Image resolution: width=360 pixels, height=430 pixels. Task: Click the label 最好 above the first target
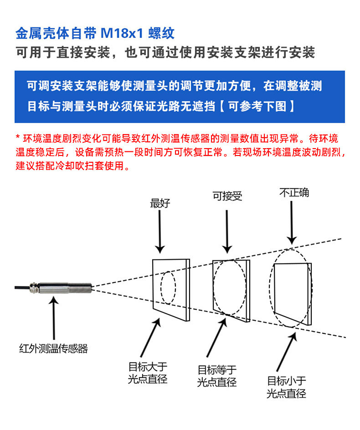160,203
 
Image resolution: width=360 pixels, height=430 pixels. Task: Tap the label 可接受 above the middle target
227,196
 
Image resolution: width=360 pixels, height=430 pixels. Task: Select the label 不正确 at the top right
294,192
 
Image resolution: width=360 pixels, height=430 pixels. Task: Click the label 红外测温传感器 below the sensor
53,348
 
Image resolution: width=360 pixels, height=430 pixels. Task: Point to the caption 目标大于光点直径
148,373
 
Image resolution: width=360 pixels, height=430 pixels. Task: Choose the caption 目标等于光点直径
217,376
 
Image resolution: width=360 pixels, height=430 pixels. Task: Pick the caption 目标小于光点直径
286,387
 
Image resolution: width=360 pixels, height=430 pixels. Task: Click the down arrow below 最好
160,232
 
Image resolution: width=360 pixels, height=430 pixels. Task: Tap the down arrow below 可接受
227,232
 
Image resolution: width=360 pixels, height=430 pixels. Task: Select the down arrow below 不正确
292,223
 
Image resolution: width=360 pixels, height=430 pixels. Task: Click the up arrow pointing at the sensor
54,318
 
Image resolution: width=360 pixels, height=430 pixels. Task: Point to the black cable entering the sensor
22,287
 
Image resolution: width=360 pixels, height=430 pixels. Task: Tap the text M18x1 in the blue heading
122,33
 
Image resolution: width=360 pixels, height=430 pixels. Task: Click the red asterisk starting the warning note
18,136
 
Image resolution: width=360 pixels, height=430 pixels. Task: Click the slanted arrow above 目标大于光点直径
150,337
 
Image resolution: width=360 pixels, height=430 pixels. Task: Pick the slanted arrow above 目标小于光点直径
287,352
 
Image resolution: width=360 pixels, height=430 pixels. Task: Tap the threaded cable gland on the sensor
34,287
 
